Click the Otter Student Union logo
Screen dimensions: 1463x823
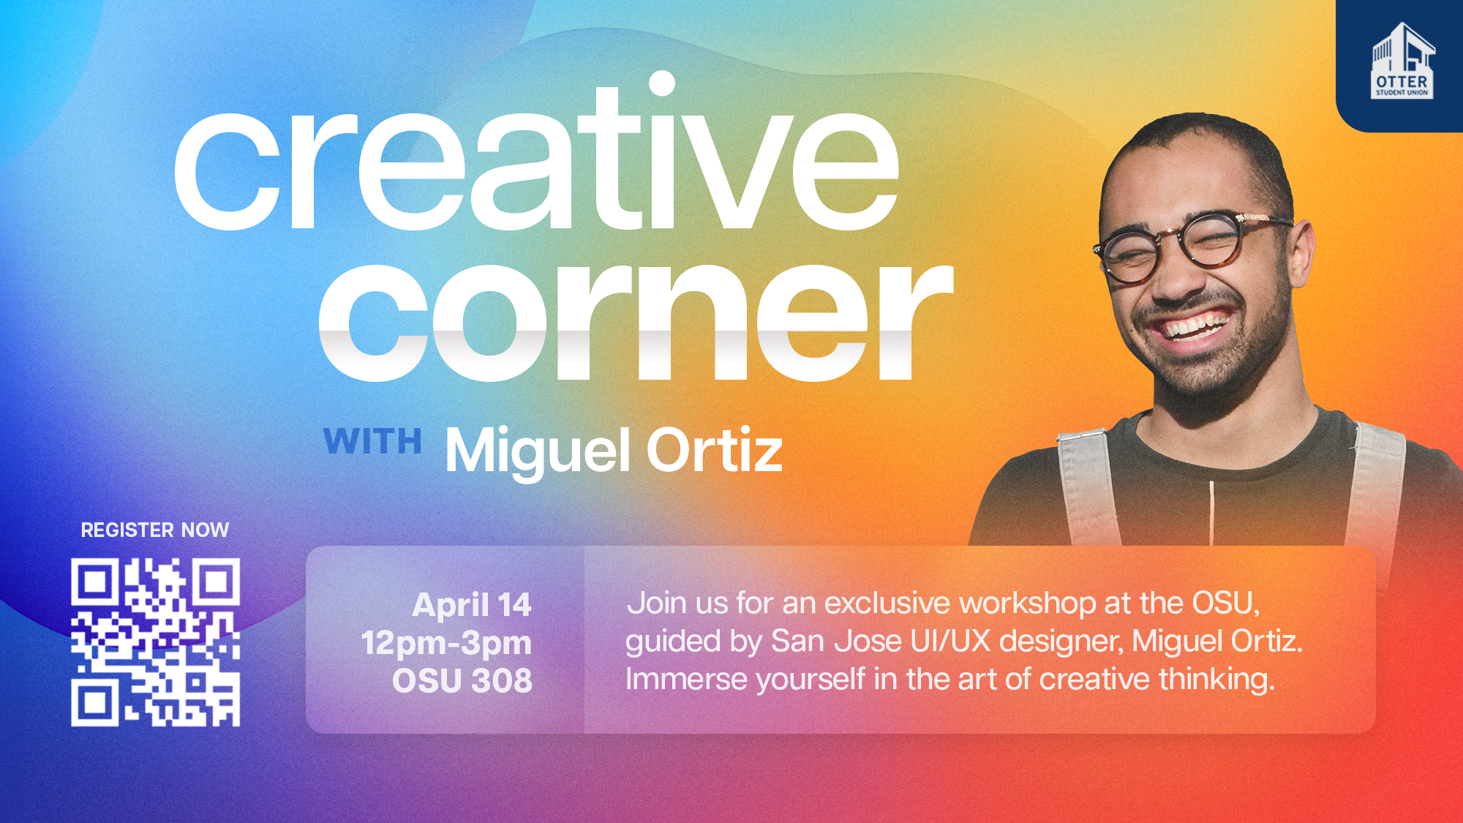[1402, 61]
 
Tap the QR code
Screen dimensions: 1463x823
[155, 642]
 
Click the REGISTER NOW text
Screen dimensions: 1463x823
[155, 530]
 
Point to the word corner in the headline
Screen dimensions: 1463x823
[636, 319]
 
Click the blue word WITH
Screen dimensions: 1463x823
[373, 442]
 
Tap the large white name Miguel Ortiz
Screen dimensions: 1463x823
[614, 451]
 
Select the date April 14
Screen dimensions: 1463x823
[472, 605]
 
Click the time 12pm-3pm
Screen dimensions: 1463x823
[446, 644]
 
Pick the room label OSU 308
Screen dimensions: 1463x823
[462, 681]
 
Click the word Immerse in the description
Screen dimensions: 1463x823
[686, 680]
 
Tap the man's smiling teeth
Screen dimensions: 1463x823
[1195, 326]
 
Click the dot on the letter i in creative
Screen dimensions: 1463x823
[662, 83]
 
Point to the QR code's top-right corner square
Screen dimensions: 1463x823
[216, 582]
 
